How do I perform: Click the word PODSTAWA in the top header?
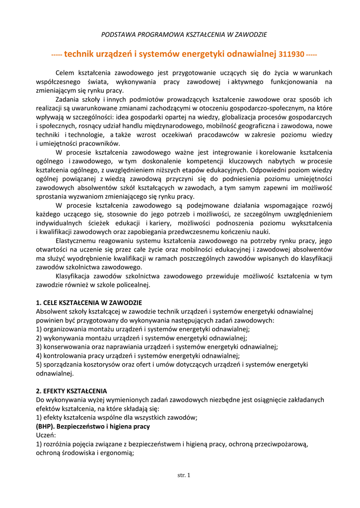pos(117,35)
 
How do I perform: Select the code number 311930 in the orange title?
pos(291,54)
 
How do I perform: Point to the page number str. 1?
pos(184,475)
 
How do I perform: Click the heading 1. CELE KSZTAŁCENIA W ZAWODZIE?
pos(89,302)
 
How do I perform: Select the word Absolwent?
pos(53,311)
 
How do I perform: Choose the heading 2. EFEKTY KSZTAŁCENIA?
pos(72,390)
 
